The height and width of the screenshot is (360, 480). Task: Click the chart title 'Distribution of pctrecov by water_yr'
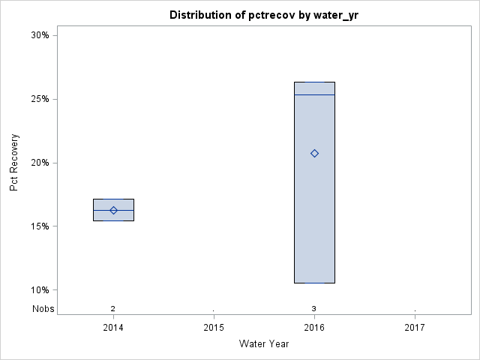point(259,15)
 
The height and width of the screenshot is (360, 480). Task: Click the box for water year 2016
point(314,225)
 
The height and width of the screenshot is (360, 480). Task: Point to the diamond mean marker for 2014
point(113,210)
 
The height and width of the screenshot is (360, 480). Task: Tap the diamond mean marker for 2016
point(314,153)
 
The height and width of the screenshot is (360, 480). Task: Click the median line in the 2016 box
point(314,94)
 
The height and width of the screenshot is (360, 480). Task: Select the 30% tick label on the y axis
point(40,35)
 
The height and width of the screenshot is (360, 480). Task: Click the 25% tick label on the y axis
point(40,99)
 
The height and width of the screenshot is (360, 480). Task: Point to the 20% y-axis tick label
point(40,163)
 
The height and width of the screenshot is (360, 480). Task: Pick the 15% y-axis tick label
point(40,226)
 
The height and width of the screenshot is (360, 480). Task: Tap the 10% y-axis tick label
point(40,290)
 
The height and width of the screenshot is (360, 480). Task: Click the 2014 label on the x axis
point(113,328)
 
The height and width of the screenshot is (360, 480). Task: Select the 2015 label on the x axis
point(214,328)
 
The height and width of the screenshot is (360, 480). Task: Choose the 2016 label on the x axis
point(314,328)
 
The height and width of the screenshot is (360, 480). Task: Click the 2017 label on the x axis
point(415,328)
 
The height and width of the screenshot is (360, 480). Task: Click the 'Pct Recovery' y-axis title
point(14,163)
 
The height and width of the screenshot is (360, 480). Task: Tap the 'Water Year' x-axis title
point(264,344)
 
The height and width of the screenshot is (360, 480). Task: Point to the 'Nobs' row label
point(43,308)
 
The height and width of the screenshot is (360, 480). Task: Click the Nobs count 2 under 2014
point(113,308)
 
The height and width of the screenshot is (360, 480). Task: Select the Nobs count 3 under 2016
point(314,308)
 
